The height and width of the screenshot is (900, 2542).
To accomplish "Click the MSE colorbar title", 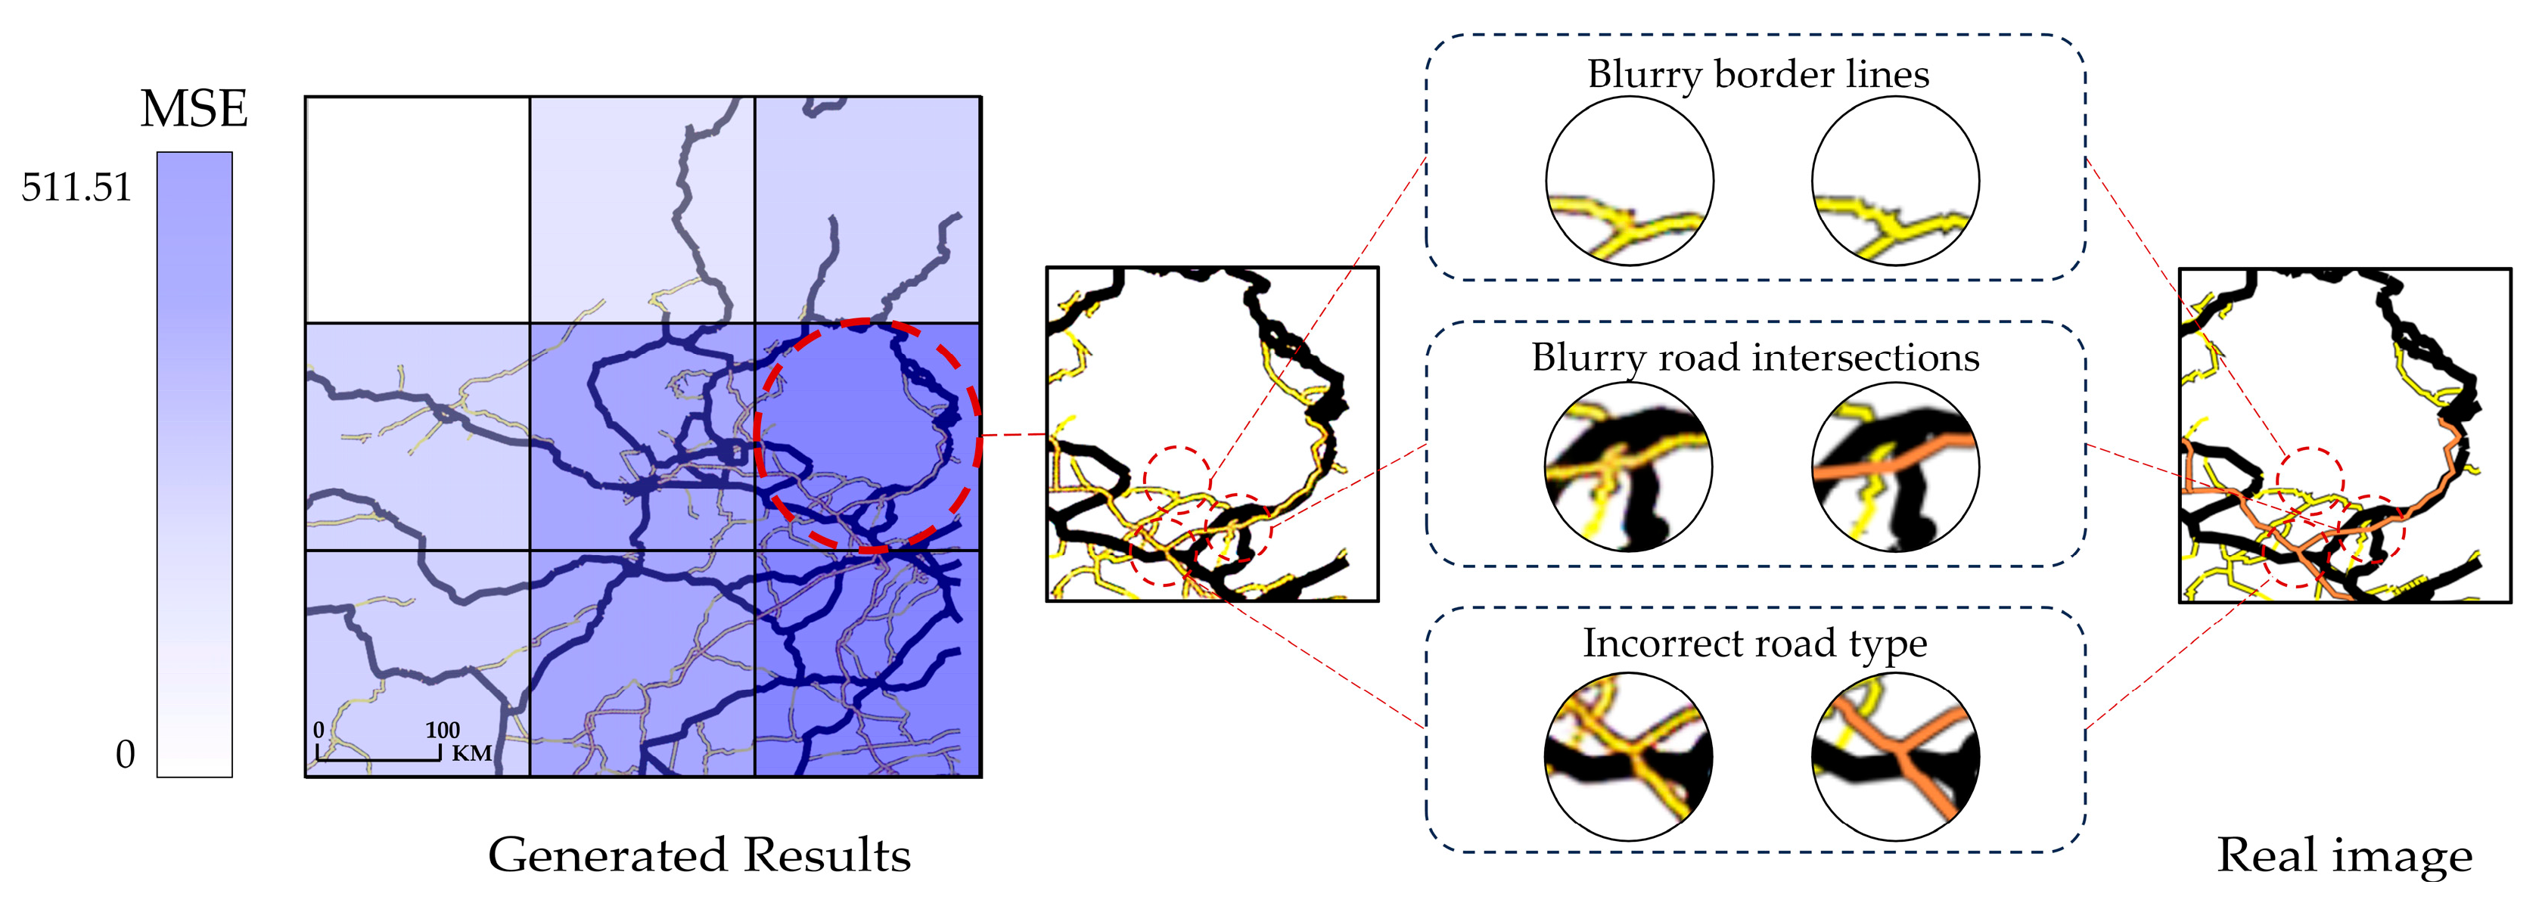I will coord(194,109).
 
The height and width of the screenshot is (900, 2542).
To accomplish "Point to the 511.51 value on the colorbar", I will coord(77,187).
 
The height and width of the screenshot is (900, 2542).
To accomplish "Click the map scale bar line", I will coord(378,759).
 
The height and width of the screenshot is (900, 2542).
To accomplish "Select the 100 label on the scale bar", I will coord(442,731).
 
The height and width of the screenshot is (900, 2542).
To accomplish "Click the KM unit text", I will coord(471,753).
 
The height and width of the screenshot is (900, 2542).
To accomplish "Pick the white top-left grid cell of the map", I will coord(418,209).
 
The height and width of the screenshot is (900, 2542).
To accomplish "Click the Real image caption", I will coord(2345,855).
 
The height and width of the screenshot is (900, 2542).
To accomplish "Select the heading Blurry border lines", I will coord(1757,74).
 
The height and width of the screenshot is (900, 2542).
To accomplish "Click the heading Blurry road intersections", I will coord(1755,357).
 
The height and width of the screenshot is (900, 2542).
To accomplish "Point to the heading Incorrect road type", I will coord(1754,644).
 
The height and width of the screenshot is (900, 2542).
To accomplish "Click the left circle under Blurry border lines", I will coord(1629,182).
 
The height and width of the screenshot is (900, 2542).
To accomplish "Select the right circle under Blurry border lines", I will coord(1894,182).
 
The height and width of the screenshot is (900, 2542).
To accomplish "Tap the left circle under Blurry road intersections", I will coord(1628,467).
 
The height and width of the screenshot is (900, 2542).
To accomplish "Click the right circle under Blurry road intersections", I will coord(1894,467).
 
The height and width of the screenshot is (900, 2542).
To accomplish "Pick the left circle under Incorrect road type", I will coord(1628,757).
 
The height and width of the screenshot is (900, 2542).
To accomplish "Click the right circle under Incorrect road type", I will coord(1894,757).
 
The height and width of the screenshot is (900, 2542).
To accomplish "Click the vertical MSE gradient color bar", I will coord(194,464).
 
